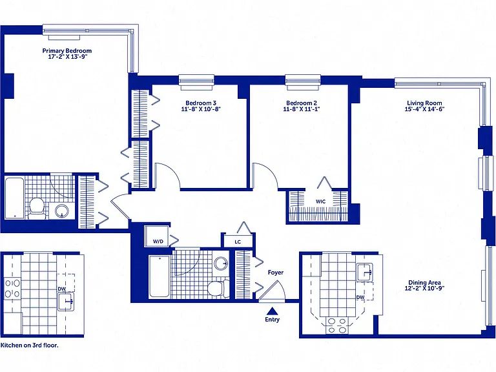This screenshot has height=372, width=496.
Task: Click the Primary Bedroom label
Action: pyautogui.click(x=67, y=50)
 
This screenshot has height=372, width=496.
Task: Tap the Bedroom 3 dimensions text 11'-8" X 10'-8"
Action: pyautogui.click(x=201, y=109)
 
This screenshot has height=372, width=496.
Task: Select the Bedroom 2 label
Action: pyautogui.click(x=302, y=103)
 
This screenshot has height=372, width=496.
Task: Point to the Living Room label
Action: pyautogui.click(x=424, y=103)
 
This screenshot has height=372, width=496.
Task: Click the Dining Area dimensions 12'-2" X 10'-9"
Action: pyautogui.click(x=424, y=289)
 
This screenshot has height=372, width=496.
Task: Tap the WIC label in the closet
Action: pyautogui.click(x=320, y=201)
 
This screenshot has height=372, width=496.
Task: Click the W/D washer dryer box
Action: pyautogui.click(x=156, y=236)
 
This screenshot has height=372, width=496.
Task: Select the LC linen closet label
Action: pyautogui.click(x=238, y=242)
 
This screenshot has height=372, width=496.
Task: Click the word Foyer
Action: pyautogui.click(x=276, y=273)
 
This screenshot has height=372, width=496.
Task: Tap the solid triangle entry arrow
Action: pyautogui.click(x=272, y=311)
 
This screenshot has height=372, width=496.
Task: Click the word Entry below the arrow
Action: pyautogui.click(x=272, y=320)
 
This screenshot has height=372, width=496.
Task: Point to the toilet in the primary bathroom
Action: pyautogui.click(x=37, y=208)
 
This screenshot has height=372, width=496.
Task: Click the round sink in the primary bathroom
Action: pyautogui.click(x=62, y=211)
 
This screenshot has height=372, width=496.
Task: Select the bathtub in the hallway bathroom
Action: pyautogui.click(x=159, y=276)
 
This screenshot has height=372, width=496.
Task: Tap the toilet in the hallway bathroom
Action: pyautogui.click(x=218, y=289)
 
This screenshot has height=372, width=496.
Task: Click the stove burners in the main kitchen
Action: pyautogui.click(x=337, y=325)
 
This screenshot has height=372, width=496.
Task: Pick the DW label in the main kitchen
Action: pyautogui.click(x=360, y=297)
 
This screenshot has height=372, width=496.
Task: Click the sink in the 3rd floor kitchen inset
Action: pyautogui.click(x=65, y=301)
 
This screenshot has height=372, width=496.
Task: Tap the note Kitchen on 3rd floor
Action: pyautogui.click(x=30, y=345)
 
